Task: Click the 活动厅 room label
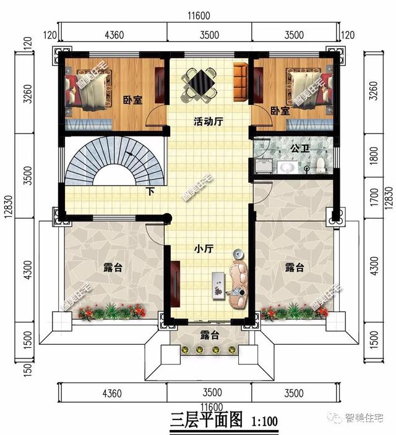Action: tap(208, 122)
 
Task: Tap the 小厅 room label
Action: tap(204, 248)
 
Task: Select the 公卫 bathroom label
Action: tap(300, 148)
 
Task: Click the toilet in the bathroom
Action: tap(321, 165)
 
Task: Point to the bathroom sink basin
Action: tap(287, 167)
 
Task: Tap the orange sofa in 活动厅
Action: tap(241, 82)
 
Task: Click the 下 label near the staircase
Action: tap(150, 192)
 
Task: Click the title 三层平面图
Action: tap(207, 420)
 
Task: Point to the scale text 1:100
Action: tap(264, 421)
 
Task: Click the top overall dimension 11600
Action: tap(199, 16)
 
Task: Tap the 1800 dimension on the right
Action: tap(374, 155)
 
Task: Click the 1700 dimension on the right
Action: tap(374, 197)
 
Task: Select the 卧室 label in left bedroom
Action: tap(133, 100)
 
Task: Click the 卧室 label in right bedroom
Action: tap(280, 111)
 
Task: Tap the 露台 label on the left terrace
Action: tap(113, 268)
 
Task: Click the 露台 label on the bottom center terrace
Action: tap(210, 335)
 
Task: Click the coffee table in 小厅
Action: tap(218, 285)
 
